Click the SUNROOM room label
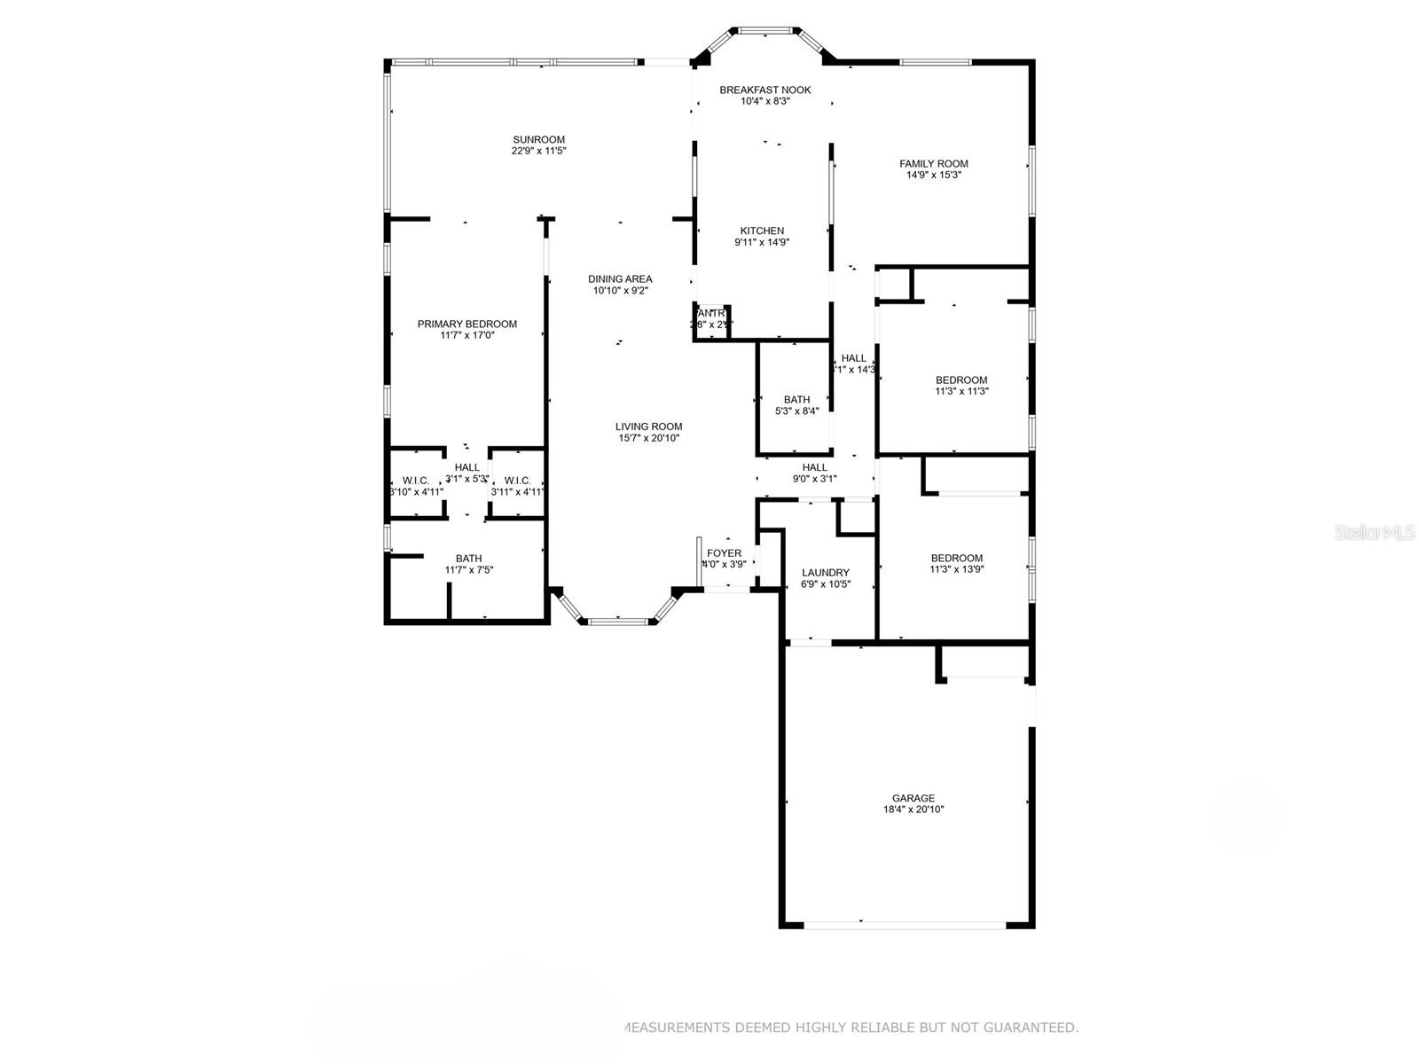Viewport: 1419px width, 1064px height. click(x=538, y=139)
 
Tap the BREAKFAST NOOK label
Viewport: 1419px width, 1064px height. click(x=764, y=90)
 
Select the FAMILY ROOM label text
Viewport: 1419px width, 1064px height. click(x=933, y=163)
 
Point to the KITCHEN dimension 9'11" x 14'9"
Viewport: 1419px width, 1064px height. click(x=762, y=242)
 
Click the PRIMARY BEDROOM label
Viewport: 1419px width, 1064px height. click(x=466, y=324)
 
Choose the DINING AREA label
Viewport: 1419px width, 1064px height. click(x=621, y=278)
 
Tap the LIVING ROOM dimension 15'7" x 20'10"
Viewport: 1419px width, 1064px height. click(x=649, y=438)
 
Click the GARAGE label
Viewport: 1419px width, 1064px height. click(x=913, y=798)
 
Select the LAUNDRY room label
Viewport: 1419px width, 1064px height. click(x=825, y=573)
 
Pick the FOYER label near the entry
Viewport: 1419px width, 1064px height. click(x=724, y=553)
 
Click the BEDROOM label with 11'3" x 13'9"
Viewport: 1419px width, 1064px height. click(x=956, y=558)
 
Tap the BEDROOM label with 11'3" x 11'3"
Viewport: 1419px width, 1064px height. click(x=961, y=379)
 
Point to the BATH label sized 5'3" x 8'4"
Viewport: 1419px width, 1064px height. click(x=796, y=400)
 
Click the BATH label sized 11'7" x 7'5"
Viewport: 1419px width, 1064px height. click(x=468, y=559)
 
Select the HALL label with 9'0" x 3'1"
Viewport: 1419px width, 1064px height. click(x=814, y=467)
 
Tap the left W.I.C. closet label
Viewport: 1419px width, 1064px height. click(x=416, y=480)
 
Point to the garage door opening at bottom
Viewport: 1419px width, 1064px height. click(x=905, y=925)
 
